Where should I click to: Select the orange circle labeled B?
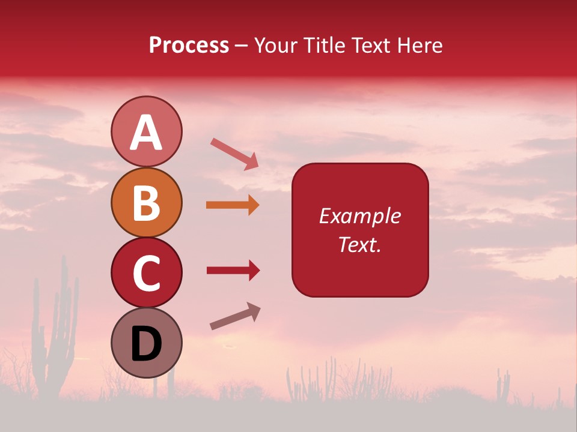click(146, 202)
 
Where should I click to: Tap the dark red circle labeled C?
click(146, 272)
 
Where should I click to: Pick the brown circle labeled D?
click(146, 343)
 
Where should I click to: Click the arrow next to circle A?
click(234, 153)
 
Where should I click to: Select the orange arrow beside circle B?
click(233, 205)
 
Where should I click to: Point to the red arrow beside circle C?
click(233, 271)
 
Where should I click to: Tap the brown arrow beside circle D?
click(235, 316)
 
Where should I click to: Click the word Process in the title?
click(189, 45)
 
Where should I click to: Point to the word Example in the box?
click(359, 216)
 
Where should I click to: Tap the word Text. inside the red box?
click(359, 244)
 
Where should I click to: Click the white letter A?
click(146, 133)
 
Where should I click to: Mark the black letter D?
click(146, 344)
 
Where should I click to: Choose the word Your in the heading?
click(275, 45)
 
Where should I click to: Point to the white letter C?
click(146, 274)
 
